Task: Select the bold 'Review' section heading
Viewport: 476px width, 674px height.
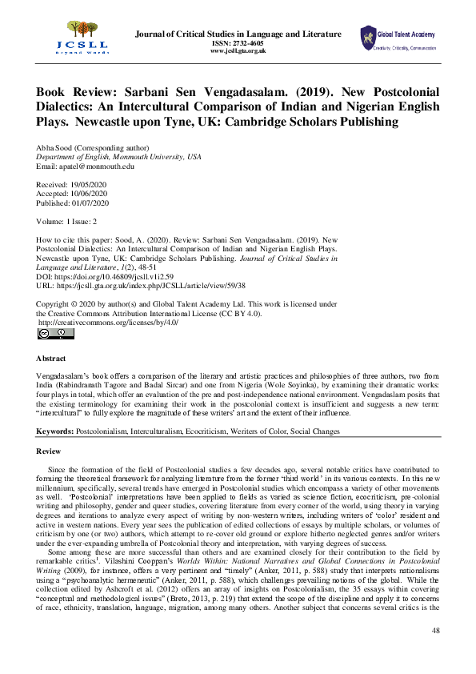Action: [x=50, y=451]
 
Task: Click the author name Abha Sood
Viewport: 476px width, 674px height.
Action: [x=57, y=149]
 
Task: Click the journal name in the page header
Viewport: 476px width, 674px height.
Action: [x=238, y=34]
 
